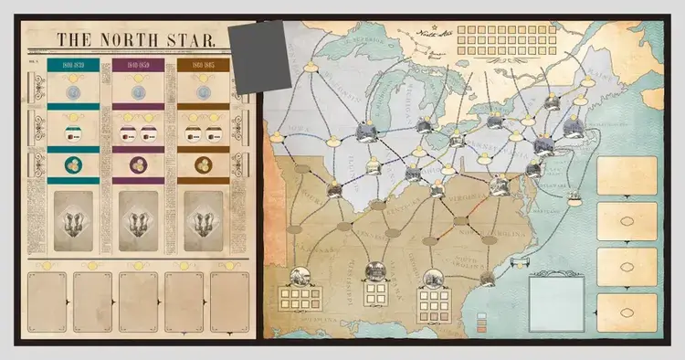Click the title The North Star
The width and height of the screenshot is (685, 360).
136,40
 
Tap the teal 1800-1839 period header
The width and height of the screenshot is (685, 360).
73,66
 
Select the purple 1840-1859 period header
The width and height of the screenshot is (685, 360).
137,66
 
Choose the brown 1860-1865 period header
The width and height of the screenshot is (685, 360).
203,66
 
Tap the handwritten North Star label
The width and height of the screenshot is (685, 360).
422,37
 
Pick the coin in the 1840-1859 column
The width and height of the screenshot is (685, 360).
137,91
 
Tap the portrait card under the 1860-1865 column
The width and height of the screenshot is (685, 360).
203,220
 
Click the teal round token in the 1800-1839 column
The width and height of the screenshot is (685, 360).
73,165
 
